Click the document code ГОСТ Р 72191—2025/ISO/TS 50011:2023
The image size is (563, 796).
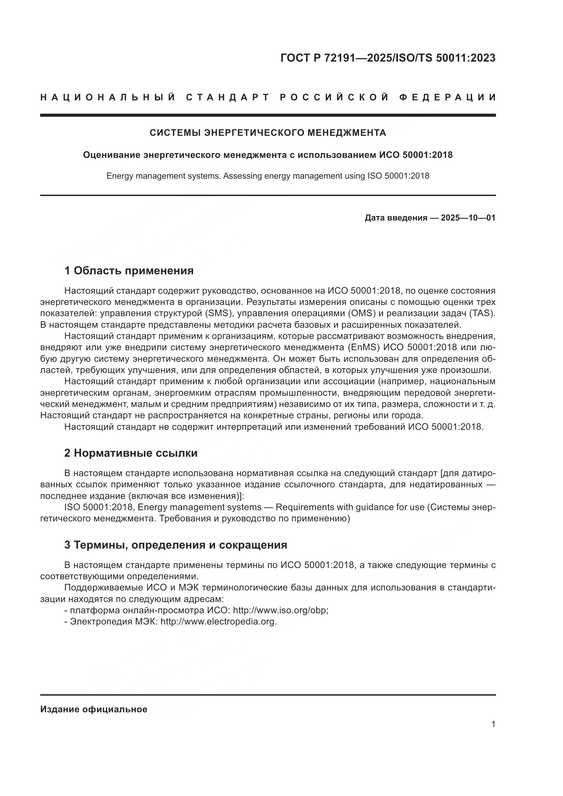pyautogui.click(x=388, y=58)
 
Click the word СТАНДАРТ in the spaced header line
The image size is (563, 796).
pyautogui.click(x=228, y=97)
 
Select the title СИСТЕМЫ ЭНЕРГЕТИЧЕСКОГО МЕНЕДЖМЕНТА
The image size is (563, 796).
pyautogui.click(x=268, y=133)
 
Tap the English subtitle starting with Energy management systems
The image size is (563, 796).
pyautogui.click(x=268, y=176)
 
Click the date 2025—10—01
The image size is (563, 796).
pyautogui.click(x=468, y=218)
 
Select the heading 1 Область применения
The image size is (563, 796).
pyautogui.click(x=129, y=271)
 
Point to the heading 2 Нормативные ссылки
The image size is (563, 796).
pyautogui.click(x=131, y=453)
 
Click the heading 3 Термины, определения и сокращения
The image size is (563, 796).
pyautogui.click(x=175, y=545)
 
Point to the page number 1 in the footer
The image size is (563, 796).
pyautogui.click(x=493, y=724)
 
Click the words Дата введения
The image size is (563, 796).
pyautogui.click(x=396, y=218)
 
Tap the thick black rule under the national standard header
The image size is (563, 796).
pyautogui.click(x=268, y=115)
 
